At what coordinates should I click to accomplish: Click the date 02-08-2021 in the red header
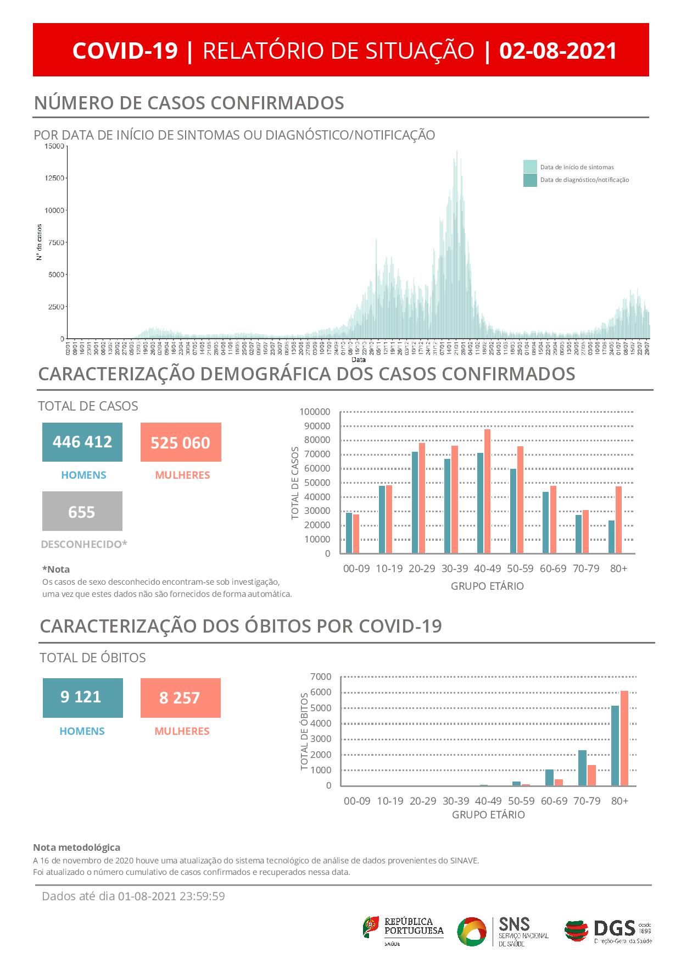pos(558,51)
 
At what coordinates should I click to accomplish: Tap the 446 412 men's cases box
pos(82,442)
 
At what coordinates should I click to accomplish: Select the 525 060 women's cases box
pos(181,442)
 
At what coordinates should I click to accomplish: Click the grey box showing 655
pos(82,512)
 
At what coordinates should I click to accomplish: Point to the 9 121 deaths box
pos(82,697)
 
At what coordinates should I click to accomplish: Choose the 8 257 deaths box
pos(180,698)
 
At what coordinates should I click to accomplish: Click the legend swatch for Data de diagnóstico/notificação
pos(530,180)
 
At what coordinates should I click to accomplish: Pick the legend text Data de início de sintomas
pos(577,167)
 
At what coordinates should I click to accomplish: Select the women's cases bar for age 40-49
pos(487,491)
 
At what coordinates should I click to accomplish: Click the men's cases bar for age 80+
pos(611,536)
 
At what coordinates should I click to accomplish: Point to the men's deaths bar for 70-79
pos(582,768)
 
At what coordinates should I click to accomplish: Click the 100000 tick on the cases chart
pos(315,412)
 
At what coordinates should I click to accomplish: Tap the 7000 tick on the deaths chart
pos(321,677)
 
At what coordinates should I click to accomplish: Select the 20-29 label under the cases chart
pos(422,568)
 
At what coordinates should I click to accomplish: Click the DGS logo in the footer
pos(608,930)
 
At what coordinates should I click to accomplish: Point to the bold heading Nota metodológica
pos(76,847)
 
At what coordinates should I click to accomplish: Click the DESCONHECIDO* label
pos(84,544)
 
